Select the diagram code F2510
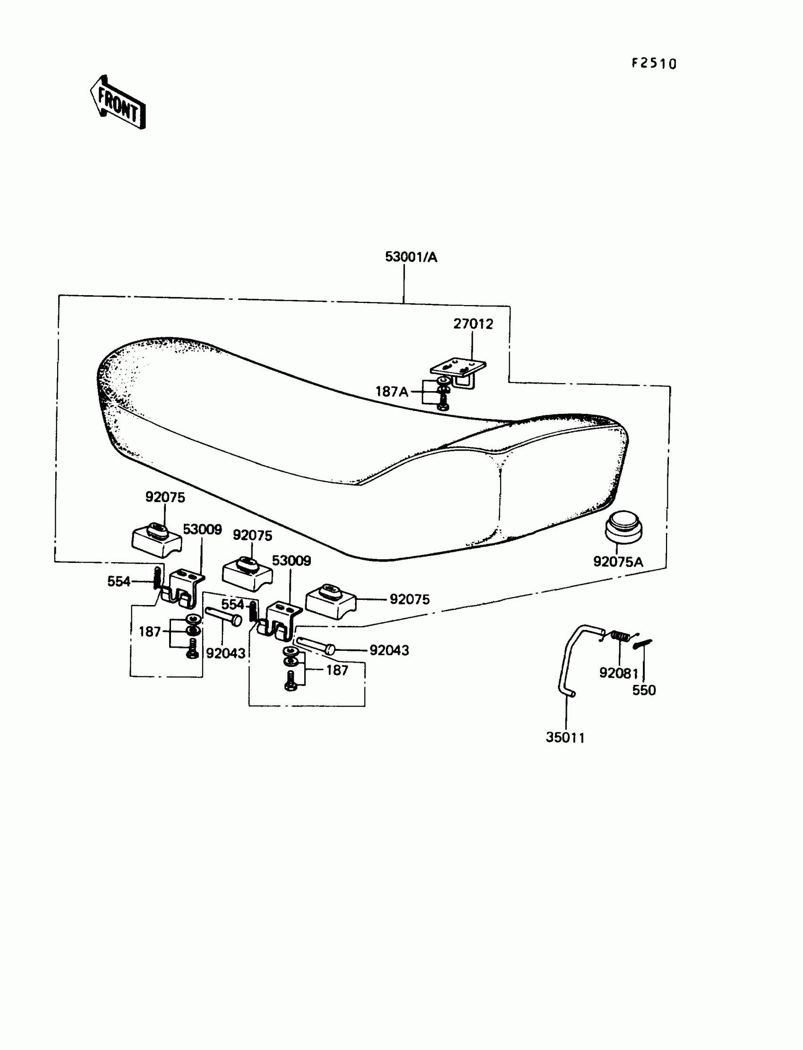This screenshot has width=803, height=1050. pos(654,63)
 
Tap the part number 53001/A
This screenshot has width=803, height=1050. pos(411,257)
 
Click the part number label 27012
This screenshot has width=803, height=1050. pos(473,324)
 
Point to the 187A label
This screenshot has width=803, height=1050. pos(392,392)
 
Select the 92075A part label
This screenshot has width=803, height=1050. pos(618,562)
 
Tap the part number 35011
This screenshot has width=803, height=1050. pos(565,737)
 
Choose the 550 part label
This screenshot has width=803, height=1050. pos(644,690)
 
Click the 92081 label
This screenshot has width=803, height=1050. pos(619,673)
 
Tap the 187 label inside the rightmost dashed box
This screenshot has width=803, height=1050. pos(337,670)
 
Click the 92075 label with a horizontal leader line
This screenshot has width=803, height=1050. pos(410,599)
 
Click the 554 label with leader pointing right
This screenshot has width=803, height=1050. pos(119,581)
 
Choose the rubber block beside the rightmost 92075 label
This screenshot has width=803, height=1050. pos(331,599)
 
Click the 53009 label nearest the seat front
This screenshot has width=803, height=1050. pos(202,529)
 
